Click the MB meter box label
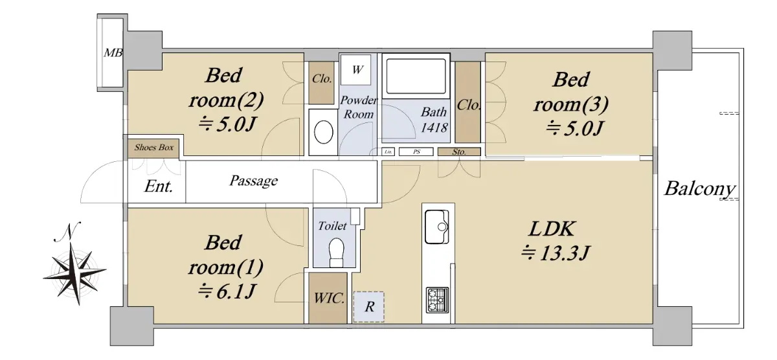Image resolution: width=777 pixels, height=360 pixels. [113, 52]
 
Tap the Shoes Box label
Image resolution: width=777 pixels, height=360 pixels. [153, 148]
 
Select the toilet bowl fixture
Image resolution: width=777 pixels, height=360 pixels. [336, 252]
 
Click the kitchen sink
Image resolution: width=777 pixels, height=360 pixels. [436, 227]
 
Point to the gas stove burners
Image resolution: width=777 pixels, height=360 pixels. [437, 300]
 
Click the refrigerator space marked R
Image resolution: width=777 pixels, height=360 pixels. [368, 307]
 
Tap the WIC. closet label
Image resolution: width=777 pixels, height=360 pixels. [329, 298]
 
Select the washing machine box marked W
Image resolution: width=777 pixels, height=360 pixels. [356, 70]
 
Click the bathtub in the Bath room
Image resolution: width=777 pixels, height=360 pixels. [416, 76]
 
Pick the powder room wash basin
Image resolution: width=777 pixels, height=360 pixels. [323, 132]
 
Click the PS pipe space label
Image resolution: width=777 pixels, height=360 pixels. [416, 152]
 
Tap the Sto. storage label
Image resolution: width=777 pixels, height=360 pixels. [459, 152]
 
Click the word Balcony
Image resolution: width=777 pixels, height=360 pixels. [700, 189]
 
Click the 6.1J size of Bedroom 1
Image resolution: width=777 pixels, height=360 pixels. [227, 291]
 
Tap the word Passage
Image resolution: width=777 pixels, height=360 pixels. [254, 181]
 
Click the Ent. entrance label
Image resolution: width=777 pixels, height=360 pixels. [159, 186]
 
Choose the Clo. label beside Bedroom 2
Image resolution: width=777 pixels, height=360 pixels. [322, 79]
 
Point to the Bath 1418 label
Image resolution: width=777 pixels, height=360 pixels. [434, 120]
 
